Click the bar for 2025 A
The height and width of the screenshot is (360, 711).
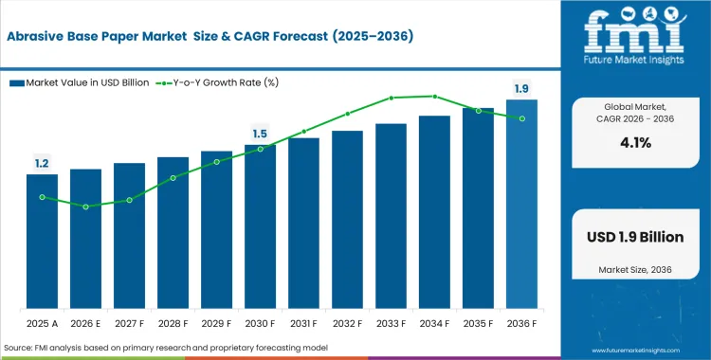coord(42,242)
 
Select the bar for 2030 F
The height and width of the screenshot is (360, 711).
coord(260,227)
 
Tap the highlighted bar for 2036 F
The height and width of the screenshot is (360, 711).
coord(521,205)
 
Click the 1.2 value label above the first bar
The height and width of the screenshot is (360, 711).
coord(42,164)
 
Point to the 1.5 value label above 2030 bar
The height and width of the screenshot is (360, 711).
coord(260,134)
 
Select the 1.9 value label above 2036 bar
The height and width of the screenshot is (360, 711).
coord(521,89)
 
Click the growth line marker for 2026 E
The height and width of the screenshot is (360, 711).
coord(85,207)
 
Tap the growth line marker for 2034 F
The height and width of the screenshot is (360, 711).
coord(434,96)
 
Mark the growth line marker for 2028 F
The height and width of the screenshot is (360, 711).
coord(173,177)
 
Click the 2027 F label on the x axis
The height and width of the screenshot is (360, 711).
coord(129,322)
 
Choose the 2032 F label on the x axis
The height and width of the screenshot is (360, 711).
coord(347,322)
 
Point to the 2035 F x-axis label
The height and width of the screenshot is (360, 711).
coord(478,322)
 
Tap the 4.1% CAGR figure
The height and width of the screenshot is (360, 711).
coord(636,142)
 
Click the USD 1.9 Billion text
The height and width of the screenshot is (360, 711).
coord(636,237)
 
